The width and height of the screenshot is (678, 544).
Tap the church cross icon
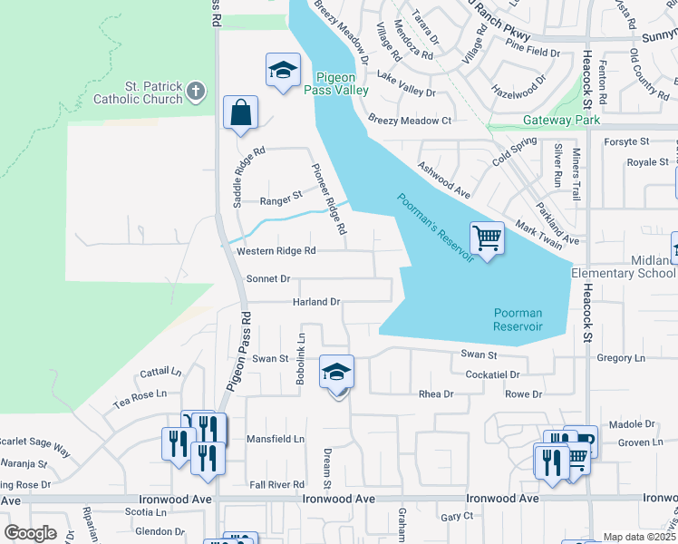(x=196, y=91)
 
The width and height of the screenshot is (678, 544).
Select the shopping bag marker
(x=240, y=114)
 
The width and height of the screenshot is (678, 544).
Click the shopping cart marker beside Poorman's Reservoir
(x=488, y=239)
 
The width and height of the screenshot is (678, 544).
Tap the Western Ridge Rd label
(x=276, y=251)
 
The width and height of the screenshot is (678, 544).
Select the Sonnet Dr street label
(x=267, y=279)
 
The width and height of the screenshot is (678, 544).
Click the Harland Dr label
(x=315, y=302)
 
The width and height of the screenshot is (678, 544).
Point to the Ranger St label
(x=280, y=199)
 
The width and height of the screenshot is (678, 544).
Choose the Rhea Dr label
(x=435, y=394)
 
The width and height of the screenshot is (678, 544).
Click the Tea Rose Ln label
(x=140, y=394)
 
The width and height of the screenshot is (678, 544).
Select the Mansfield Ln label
(x=276, y=439)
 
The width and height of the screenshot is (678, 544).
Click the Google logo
(x=30, y=533)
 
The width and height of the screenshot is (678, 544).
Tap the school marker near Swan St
(x=336, y=373)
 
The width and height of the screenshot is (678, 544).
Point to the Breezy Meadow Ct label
(x=410, y=121)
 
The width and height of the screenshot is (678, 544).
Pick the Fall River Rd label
(x=276, y=485)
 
